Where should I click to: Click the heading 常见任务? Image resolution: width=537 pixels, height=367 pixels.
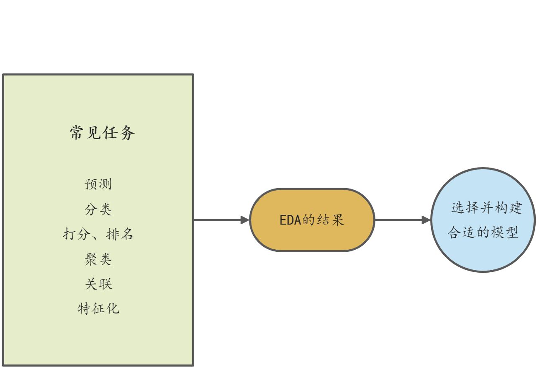pyautogui.click(x=102, y=134)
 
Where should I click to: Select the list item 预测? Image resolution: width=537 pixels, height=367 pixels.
pyautogui.click(x=98, y=184)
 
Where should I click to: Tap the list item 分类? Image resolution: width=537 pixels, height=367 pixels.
pyautogui.click(x=98, y=209)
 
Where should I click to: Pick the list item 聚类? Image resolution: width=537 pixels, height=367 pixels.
pyautogui.click(x=98, y=259)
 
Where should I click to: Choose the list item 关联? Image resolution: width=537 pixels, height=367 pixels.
pyautogui.click(x=98, y=284)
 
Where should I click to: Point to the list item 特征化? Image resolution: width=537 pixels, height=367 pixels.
pyautogui.click(x=98, y=309)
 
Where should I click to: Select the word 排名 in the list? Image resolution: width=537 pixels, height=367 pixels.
pyautogui.click(x=120, y=234)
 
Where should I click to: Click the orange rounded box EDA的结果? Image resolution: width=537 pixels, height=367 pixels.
pyautogui.click(x=312, y=220)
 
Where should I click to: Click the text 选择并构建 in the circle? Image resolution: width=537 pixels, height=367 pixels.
pyautogui.click(x=487, y=208)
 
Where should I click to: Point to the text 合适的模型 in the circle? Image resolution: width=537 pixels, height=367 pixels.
pyautogui.click(x=483, y=233)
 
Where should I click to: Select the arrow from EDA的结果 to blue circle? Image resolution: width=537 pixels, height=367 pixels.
pyautogui.click(x=400, y=220)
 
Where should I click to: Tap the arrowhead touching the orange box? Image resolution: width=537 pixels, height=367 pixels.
pyautogui.click(x=245, y=220)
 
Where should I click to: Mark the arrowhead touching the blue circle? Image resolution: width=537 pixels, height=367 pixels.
pyautogui.click(x=426, y=220)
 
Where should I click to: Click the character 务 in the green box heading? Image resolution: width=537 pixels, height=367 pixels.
pyautogui.click(x=127, y=134)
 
